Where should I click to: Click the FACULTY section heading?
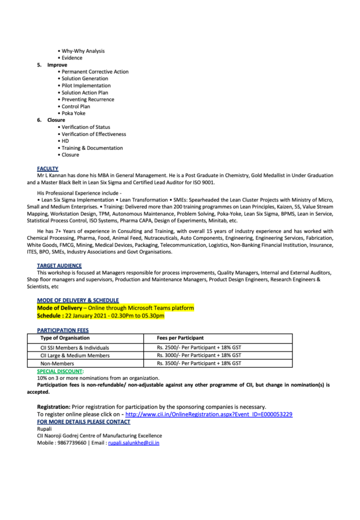click(47, 168)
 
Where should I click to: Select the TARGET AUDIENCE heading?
click(59, 266)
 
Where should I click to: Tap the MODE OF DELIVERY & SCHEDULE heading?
click(78, 301)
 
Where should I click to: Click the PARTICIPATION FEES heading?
click(62, 330)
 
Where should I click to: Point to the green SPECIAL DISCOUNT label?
click(59, 371)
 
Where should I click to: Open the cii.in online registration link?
click(209, 414)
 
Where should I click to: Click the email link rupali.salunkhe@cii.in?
click(134, 443)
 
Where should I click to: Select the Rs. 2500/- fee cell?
click(199, 348)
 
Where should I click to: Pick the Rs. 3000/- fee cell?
click(199, 355)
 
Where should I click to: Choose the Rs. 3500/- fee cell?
click(199, 364)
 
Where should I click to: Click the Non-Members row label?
click(57, 364)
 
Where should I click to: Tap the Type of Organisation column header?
click(65, 338)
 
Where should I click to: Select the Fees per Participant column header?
click(181, 338)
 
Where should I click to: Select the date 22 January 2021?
click(84, 316)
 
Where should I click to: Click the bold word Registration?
click(53, 407)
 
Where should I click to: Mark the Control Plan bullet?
click(76, 107)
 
